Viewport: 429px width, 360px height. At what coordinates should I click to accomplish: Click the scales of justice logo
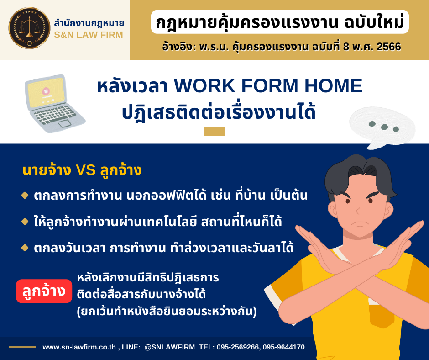click(x=29, y=28)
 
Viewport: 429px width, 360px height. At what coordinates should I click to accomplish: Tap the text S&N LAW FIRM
click(x=89, y=35)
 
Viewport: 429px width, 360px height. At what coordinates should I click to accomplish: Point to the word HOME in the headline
click(x=333, y=86)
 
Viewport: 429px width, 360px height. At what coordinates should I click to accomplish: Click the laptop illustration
click(x=55, y=104)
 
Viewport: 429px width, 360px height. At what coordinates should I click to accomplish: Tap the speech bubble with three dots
click(x=382, y=127)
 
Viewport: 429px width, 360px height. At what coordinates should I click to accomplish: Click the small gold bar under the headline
click(x=215, y=132)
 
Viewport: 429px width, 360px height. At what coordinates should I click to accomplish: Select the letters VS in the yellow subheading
click(x=86, y=170)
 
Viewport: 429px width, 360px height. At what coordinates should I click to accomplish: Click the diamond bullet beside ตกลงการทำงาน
click(x=25, y=196)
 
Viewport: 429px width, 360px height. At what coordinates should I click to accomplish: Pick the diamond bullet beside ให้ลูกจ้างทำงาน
click(x=25, y=222)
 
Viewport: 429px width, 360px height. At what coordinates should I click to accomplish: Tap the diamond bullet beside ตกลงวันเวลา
click(x=25, y=248)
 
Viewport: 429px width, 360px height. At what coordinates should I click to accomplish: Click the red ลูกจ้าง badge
click(x=44, y=291)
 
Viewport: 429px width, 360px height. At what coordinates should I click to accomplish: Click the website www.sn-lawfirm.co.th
click(x=79, y=347)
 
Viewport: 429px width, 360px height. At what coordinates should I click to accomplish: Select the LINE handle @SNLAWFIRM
click(x=170, y=347)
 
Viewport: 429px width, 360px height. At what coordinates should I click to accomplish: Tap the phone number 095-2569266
click(x=237, y=347)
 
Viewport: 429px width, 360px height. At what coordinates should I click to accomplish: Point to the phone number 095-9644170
click(x=284, y=347)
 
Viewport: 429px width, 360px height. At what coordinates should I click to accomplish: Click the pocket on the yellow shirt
click(x=382, y=315)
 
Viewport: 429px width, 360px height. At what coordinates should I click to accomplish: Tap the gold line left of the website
click(x=22, y=347)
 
